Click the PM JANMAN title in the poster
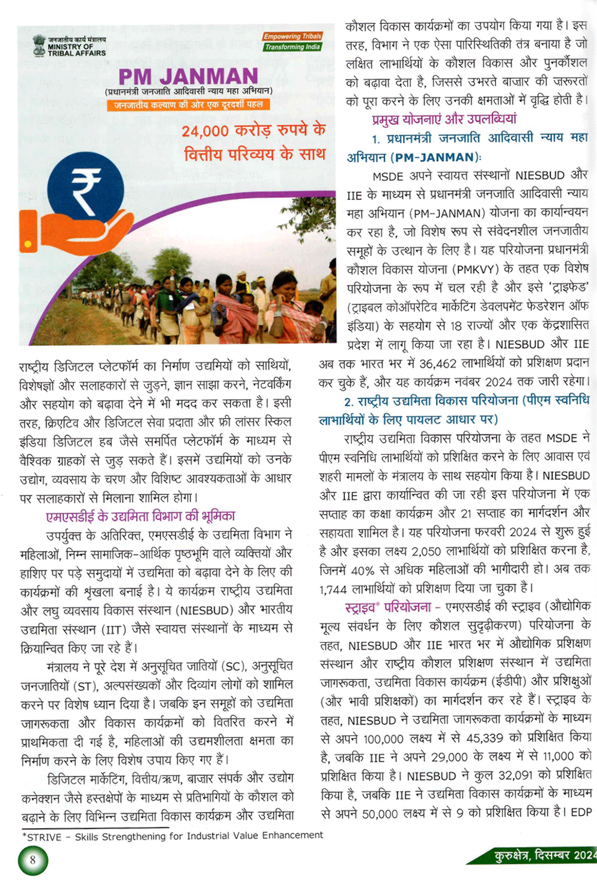[188, 76]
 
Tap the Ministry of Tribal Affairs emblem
[39, 46]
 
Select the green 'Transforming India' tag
[293, 47]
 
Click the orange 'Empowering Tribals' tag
[293, 36]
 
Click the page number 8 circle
[32, 860]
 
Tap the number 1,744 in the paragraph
[333, 589]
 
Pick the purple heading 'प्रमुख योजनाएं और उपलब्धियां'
[444, 119]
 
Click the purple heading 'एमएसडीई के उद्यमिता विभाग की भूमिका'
[140, 516]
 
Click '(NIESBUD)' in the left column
[204, 610]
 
